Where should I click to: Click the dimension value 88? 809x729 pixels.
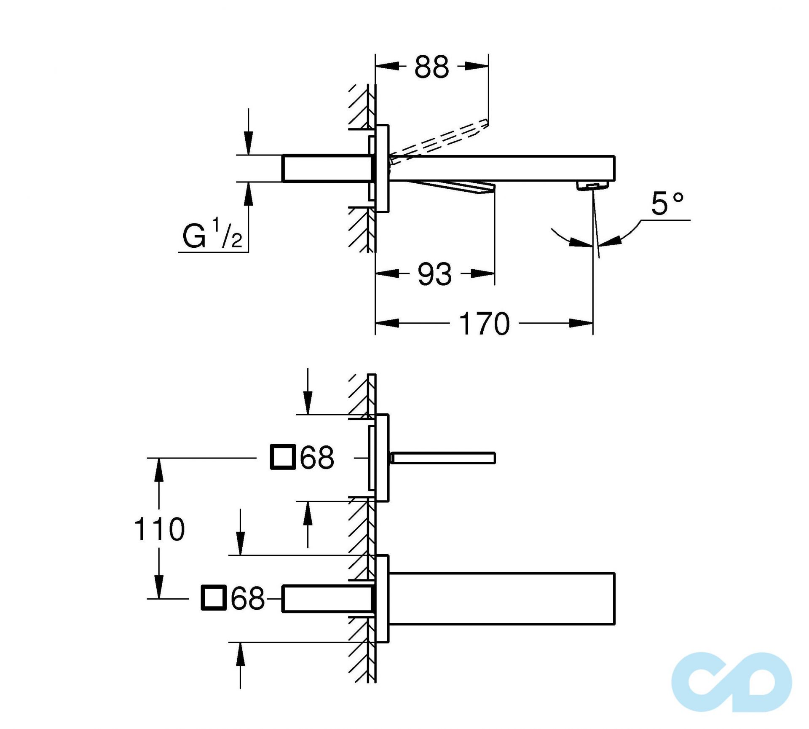coord(431,67)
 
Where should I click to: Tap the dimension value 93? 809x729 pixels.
coord(434,274)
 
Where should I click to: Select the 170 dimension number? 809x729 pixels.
coord(484,324)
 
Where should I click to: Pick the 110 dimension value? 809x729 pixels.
coord(159,529)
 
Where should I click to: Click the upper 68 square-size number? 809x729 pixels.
coord(317,458)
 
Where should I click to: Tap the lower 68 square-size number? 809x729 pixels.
coord(248,598)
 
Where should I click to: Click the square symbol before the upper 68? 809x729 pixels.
coord(282,457)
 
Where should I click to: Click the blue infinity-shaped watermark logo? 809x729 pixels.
coord(731,683)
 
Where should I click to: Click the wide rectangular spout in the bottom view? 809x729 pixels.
coord(501,598)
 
